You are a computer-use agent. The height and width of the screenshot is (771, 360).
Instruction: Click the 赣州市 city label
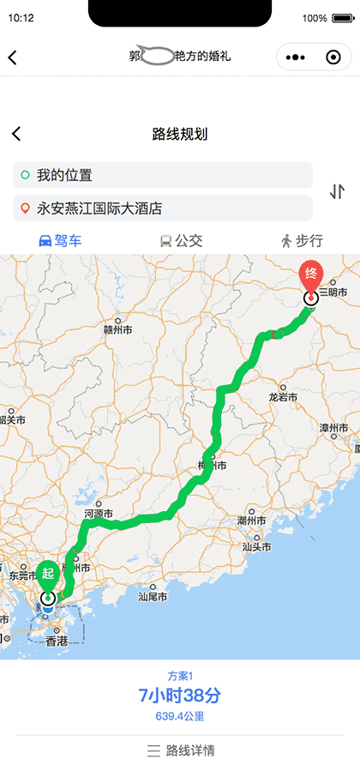[x=117, y=329]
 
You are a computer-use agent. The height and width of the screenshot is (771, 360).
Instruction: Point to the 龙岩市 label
[x=283, y=397]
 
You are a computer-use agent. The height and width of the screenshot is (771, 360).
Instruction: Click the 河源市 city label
[x=99, y=513]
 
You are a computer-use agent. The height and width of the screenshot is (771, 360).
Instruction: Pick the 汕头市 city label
[x=257, y=546]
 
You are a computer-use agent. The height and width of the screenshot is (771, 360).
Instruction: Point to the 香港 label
[x=57, y=641]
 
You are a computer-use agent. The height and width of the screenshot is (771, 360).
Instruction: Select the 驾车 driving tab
[x=61, y=241]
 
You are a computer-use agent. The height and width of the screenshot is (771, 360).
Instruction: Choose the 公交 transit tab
[x=181, y=241]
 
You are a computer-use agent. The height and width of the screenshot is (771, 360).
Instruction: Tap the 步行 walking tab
[x=301, y=241]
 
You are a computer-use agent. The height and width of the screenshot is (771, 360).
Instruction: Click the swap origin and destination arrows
[x=337, y=191]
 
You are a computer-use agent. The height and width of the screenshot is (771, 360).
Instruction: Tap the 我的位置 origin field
[x=163, y=175]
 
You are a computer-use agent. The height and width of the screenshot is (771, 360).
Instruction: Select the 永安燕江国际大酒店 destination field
[x=163, y=208]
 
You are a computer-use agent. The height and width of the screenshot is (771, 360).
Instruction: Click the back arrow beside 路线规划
[x=16, y=134]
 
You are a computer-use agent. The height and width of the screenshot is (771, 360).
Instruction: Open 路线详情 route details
[x=180, y=750]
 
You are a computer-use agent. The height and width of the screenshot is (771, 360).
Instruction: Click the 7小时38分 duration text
[x=180, y=695]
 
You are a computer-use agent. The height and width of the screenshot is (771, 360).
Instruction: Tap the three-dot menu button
[x=296, y=57]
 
